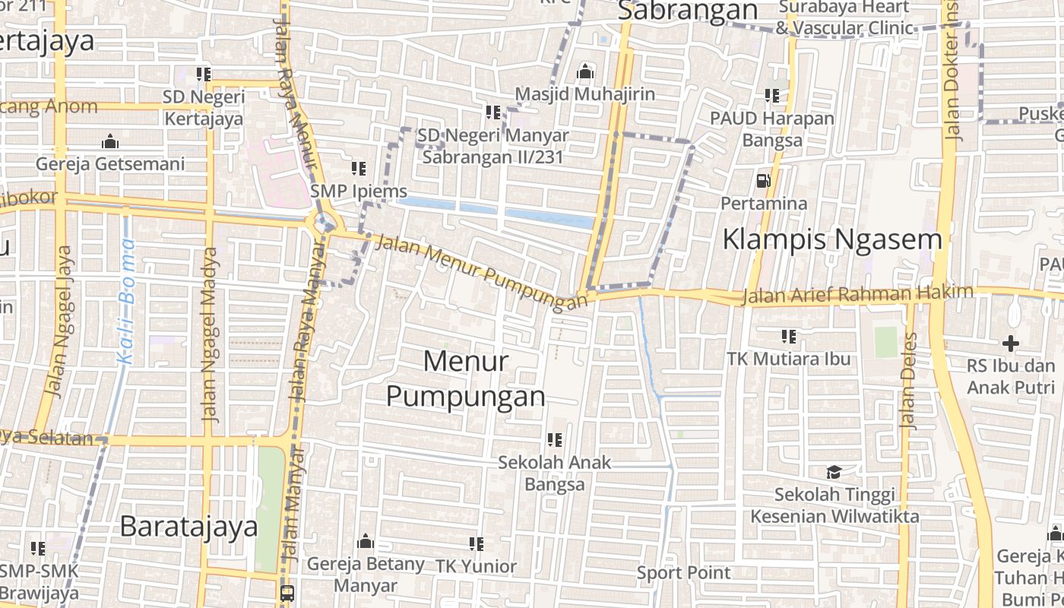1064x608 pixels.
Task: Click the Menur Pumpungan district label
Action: [465, 378]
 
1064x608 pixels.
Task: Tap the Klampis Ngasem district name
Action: [831, 239]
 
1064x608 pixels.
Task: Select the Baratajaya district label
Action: [189, 526]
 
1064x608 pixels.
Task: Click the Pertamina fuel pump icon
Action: [763, 181]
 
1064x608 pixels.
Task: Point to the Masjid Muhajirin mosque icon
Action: [585, 72]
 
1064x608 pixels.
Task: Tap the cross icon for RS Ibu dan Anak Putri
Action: [1010, 344]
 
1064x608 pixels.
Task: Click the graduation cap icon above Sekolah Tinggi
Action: [834, 473]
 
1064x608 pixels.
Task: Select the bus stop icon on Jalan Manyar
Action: [287, 593]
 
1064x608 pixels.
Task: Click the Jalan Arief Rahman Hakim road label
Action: [857, 294]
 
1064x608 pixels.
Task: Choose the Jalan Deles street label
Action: [909, 380]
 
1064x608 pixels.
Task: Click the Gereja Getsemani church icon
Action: [110, 142]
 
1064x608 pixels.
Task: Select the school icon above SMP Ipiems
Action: [359, 169]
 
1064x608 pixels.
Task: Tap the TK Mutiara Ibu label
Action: [788, 359]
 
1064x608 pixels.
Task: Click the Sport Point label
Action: [683, 572]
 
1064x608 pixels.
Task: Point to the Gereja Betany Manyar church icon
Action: [366, 542]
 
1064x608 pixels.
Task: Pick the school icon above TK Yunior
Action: [477, 544]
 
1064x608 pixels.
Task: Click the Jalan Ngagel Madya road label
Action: [211, 334]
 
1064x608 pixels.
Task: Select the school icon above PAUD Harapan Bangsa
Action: [772, 96]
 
